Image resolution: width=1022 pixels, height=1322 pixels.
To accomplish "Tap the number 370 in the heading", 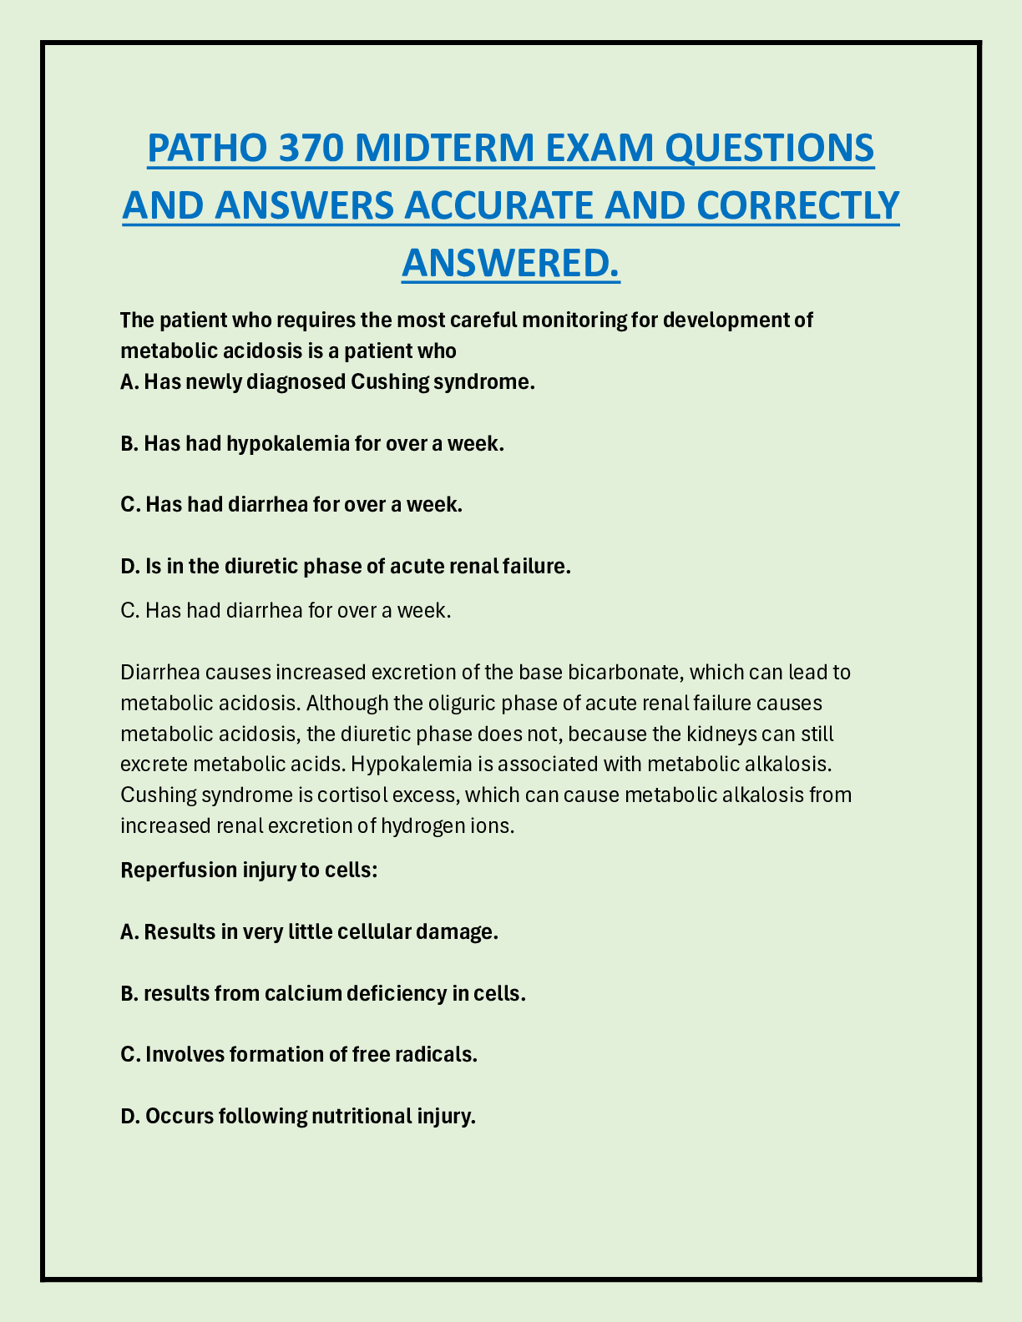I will [x=310, y=149].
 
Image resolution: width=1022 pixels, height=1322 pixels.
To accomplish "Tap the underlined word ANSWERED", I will [x=511, y=262].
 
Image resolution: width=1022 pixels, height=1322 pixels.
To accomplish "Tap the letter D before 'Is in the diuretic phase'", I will [x=129, y=566].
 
